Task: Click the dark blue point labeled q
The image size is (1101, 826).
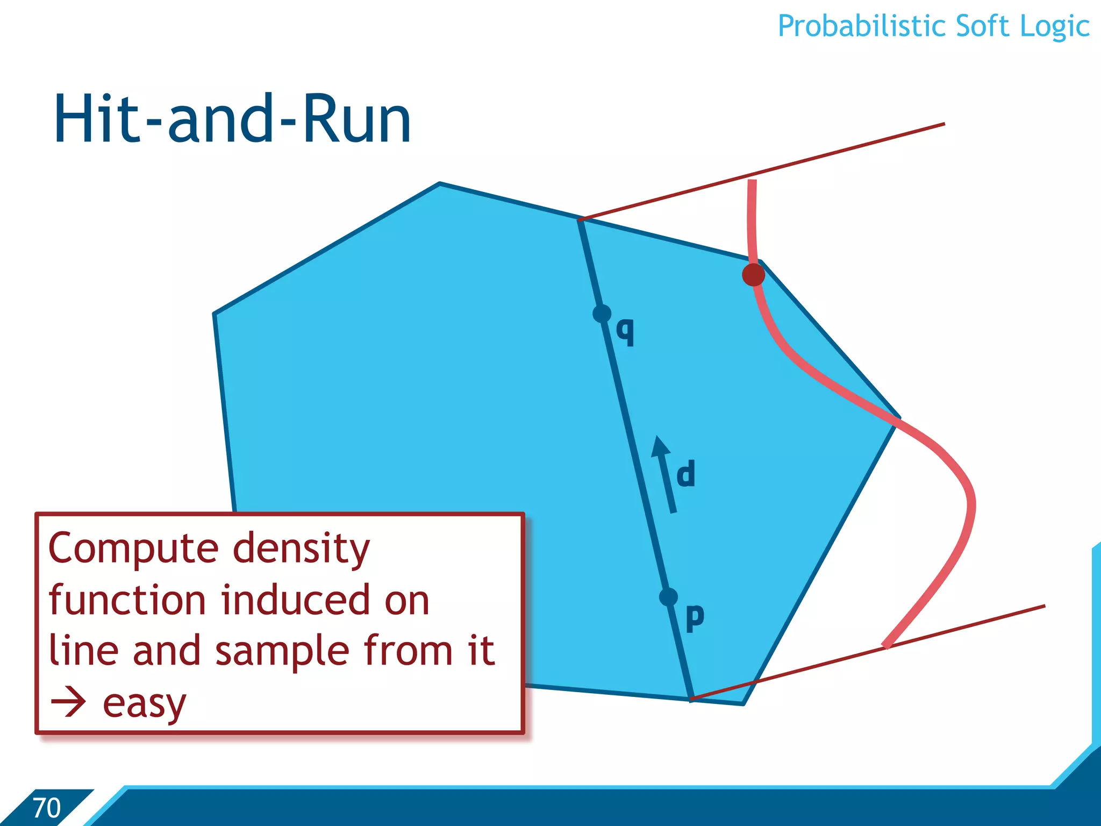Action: coord(602,314)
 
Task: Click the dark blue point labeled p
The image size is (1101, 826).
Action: coord(668,597)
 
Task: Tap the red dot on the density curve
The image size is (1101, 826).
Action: coord(753,275)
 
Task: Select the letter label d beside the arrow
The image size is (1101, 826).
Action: coord(686,474)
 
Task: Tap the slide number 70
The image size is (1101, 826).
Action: coord(46,808)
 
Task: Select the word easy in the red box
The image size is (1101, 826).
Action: coord(144,704)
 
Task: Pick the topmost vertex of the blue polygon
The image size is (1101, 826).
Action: coord(440,184)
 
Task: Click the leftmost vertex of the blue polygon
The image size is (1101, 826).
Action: coord(215,314)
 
